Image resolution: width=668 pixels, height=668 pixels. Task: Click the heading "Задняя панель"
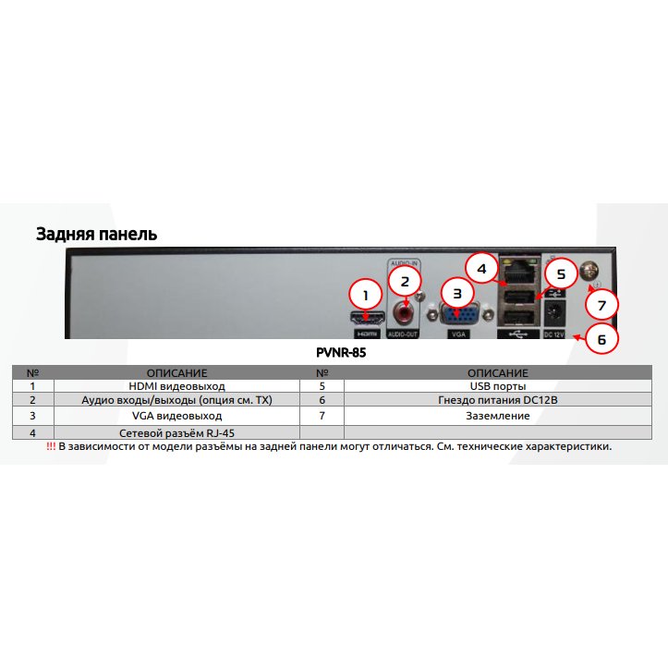[97, 234]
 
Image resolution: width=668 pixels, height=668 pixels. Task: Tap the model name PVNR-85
[341, 352]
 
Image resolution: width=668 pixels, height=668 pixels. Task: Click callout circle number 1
[365, 296]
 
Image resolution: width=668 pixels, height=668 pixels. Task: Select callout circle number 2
[405, 281]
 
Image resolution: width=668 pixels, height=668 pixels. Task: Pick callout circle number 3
[457, 294]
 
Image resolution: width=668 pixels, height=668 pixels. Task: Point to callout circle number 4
[482, 269]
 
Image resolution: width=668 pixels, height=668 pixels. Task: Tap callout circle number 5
[561, 273]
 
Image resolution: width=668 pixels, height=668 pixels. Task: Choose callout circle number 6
[602, 339]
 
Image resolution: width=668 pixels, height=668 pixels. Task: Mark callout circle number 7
[601, 305]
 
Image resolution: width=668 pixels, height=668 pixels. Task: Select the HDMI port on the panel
[367, 318]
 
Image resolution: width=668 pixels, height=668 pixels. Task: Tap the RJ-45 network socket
[519, 271]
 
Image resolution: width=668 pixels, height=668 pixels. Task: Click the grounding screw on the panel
[590, 270]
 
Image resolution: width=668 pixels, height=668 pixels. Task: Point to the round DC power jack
[555, 313]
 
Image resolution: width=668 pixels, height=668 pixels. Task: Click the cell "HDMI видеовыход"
[176, 386]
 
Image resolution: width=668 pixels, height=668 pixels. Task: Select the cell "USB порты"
[498, 386]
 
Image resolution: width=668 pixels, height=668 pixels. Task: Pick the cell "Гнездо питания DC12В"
[498, 400]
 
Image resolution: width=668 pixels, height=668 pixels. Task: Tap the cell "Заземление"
[498, 416]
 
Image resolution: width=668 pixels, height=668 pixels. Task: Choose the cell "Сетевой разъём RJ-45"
[176, 432]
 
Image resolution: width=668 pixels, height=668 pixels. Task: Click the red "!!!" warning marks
[51, 446]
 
